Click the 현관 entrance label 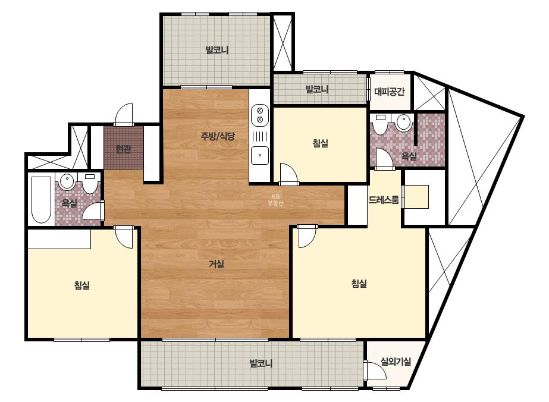coord(124,149)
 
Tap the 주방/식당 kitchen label coord(218,136)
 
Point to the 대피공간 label coord(390,92)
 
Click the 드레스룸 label coord(384,200)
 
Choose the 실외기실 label coord(396,361)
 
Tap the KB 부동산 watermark coord(275,200)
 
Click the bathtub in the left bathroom coord(41,200)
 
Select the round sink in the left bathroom coord(67,181)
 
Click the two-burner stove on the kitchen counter coord(260,115)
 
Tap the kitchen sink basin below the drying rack coord(260,155)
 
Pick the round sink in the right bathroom coord(403,123)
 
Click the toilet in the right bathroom coord(380,124)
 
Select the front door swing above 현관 coord(124,114)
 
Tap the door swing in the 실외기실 coord(375,370)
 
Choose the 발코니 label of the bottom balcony coord(261,363)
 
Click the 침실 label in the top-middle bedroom coord(321,143)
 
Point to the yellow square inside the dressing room coord(416,197)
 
